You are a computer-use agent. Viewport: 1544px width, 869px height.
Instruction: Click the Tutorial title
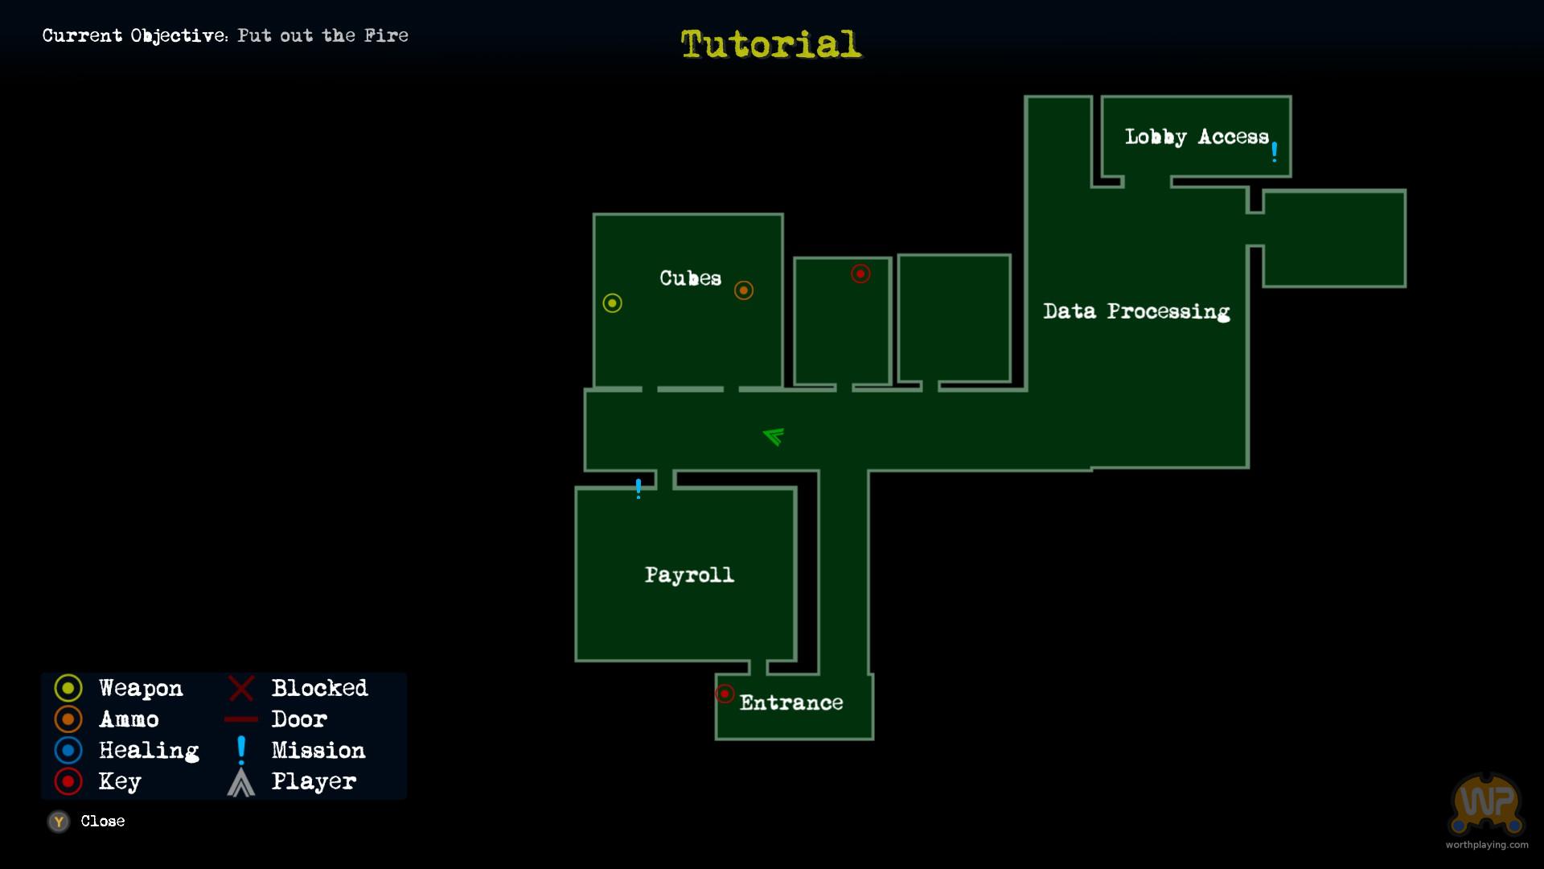coord(771,43)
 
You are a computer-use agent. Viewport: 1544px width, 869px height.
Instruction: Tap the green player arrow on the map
coord(774,436)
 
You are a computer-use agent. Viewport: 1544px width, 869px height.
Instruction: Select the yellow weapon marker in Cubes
coord(613,303)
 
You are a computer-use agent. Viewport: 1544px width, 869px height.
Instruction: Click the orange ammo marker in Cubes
coord(744,290)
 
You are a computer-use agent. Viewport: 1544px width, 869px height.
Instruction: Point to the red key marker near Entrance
coord(725,694)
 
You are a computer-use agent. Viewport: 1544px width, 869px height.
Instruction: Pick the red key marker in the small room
coord(860,274)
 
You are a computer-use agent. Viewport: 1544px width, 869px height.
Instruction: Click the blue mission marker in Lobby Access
coord(1275,152)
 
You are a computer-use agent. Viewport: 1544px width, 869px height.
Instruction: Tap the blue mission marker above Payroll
coord(639,488)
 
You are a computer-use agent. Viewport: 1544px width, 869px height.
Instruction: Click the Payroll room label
coord(690,575)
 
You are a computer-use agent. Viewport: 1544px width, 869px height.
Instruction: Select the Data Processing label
coord(1136,311)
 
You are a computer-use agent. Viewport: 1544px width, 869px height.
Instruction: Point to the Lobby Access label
coord(1197,137)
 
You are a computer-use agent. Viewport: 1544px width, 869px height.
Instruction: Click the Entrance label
coord(791,702)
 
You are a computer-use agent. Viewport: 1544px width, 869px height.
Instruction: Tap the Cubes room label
coord(691,278)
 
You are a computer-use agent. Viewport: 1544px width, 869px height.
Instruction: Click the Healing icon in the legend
coord(68,751)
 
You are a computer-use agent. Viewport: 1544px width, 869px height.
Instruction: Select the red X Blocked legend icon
coord(241,689)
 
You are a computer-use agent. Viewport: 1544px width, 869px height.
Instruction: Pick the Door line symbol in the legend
coord(241,719)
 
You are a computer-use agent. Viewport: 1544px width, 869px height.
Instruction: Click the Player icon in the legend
coord(241,782)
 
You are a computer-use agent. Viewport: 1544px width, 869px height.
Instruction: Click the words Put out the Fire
coord(322,35)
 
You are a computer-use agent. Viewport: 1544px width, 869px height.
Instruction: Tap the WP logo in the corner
coord(1487,805)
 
